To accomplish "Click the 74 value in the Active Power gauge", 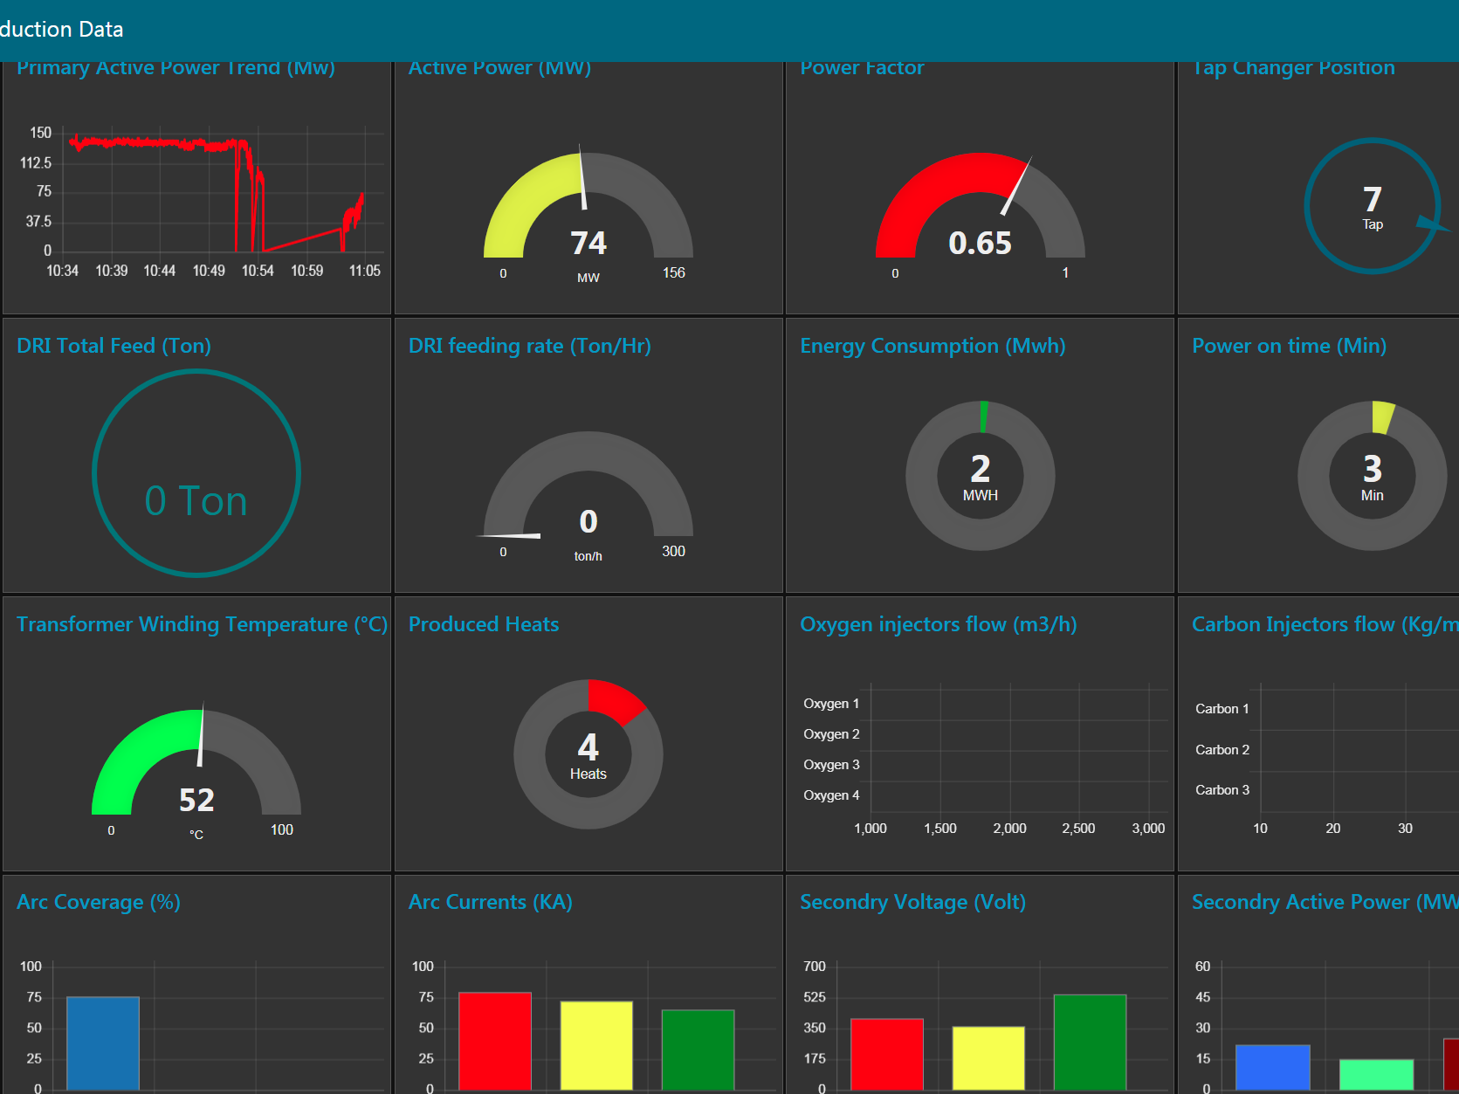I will (x=588, y=243).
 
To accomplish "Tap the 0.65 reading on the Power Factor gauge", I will (x=980, y=243).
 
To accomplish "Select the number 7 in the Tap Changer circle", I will (x=1372, y=199).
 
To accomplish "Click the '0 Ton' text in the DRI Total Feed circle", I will (x=196, y=501).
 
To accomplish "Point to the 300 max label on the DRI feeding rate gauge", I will (x=673, y=551).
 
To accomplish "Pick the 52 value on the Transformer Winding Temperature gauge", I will (x=196, y=800).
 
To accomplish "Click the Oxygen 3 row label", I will (x=831, y=765).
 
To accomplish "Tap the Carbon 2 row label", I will (x=1222, y=750).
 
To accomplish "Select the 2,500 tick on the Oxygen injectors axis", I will (x=1078, y=829).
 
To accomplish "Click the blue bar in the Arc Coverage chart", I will (x=103, y=1042).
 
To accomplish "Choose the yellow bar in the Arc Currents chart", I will (x=596, y=1045).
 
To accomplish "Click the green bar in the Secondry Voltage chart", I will (x=1090, y=1042).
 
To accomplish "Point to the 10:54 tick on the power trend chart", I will (x=258, y=271).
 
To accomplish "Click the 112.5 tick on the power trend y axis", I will (x=36, y=163).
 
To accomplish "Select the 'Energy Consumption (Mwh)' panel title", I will (x=933, y=346).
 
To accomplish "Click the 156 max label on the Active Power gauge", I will (x=673, y=273).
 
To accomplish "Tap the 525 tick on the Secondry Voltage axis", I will (x=814, y=997).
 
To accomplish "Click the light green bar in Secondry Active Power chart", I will (x=1376, y=1074).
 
